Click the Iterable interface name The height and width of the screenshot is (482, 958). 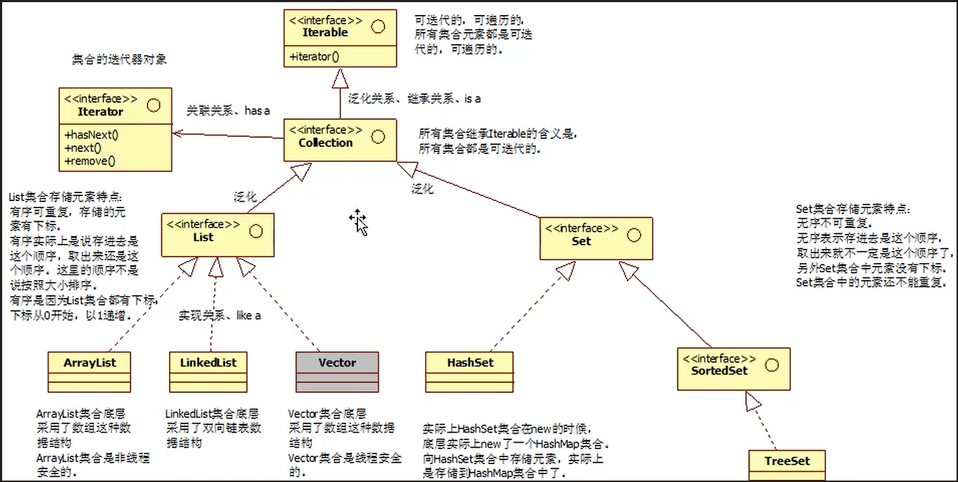click(325, 33)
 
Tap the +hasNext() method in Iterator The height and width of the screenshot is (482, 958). click(91, 135)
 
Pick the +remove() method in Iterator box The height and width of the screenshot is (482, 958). click(90, 161)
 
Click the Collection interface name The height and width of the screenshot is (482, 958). click(325, 143)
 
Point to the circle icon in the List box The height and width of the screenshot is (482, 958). click(255, 231)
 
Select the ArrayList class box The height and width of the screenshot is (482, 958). click(89, 371)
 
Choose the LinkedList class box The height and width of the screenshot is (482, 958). click(208, 371)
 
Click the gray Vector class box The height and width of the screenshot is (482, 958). click(337, 371)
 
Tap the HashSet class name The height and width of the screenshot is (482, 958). click(469, 362)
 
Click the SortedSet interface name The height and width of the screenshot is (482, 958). click(719, 371)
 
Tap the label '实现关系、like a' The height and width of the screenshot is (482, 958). click(219, 315)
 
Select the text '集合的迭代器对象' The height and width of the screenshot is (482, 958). click(119, 59)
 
